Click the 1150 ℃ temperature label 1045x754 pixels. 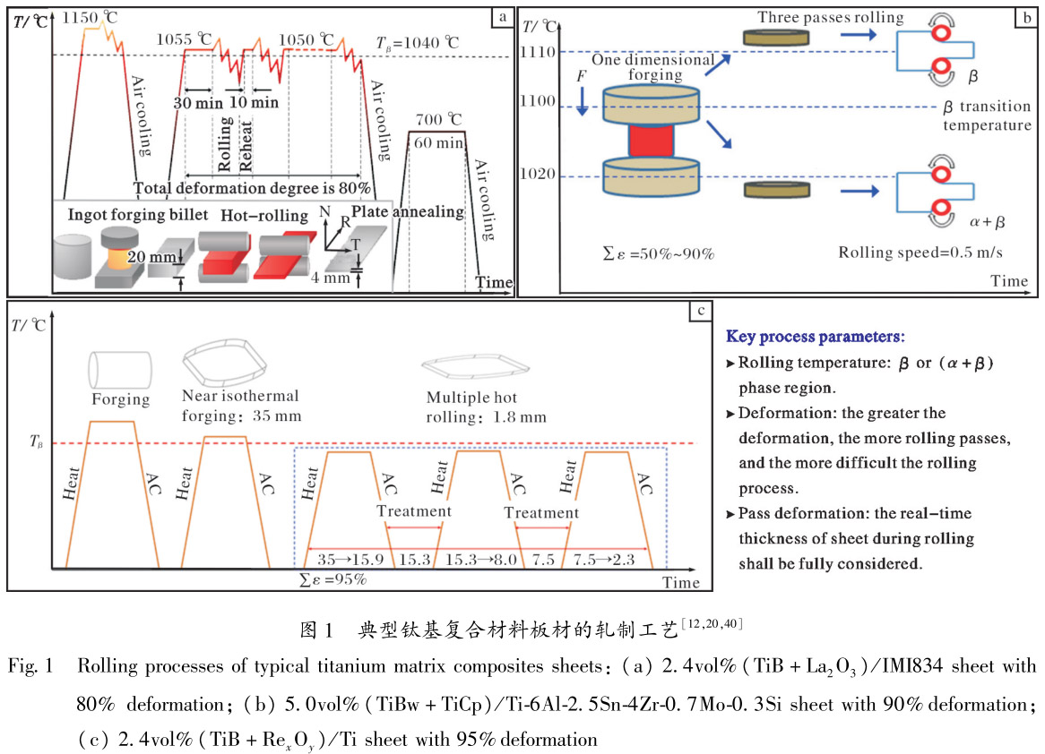point(95,18)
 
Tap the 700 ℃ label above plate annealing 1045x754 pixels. point(438,118)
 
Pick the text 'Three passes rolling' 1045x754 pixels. point(830,17)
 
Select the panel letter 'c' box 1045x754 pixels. point(700,311)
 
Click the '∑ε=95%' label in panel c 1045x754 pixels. point(333,579)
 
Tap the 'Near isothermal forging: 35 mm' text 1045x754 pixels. point(241,406)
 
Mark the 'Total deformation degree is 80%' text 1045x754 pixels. point(252,188)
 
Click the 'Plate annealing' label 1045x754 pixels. point(408,212)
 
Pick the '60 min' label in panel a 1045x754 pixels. point(439,142)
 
